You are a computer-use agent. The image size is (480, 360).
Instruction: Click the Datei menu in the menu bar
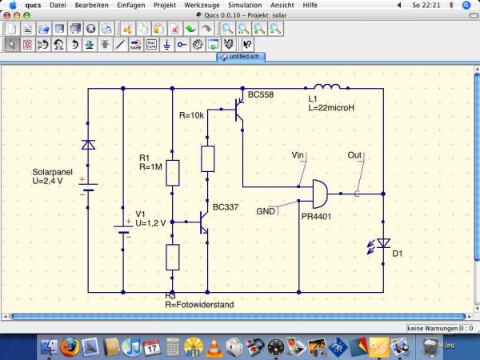pyautogui.click(x=58, y=5)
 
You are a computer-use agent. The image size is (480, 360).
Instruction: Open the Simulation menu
pyautogui.click(x=245, y=5)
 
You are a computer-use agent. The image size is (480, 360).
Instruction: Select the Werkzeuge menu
pyautogui.click(x=202, y=5)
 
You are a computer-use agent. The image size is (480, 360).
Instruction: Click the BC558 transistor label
pyautogui.click(x=260, y=95)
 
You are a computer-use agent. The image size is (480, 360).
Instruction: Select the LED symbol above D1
pyautogui.click(x=383, y=243)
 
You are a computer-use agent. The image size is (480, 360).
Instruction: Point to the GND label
pyautogui.click(x=266, y=211)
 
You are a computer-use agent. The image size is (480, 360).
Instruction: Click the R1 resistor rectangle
pyautogui.click(x=172, y=172)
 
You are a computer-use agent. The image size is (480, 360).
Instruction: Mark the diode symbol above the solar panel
pyautogui.click(x=87, y=145)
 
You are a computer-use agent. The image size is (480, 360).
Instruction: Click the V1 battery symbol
pyautogui.click(x=122, y=229)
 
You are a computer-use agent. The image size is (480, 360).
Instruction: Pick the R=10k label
pyautogui.click(x=192, y=115)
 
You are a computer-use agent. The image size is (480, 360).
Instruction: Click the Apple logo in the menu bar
pyautogui.click(x=13, y=5)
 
